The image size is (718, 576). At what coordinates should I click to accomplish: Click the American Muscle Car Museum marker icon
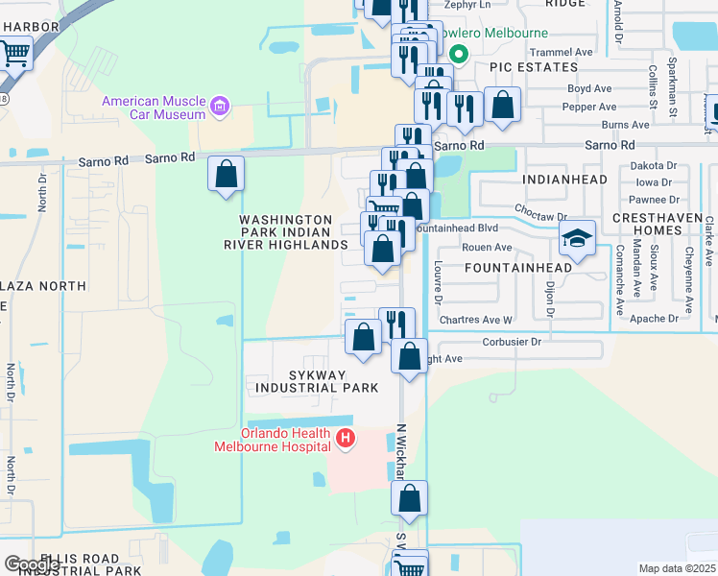221,106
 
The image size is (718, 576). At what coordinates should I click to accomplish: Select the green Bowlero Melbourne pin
458,55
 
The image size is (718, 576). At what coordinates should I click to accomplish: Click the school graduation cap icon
578,238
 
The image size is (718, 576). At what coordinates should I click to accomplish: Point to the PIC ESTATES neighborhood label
533,67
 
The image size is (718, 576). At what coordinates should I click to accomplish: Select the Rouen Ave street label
487,247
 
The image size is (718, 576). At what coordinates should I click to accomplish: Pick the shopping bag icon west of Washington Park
227,175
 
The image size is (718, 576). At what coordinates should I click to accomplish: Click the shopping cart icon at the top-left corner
15,53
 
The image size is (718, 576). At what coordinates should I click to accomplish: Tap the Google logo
32,564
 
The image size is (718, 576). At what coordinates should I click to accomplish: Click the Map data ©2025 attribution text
677,568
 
